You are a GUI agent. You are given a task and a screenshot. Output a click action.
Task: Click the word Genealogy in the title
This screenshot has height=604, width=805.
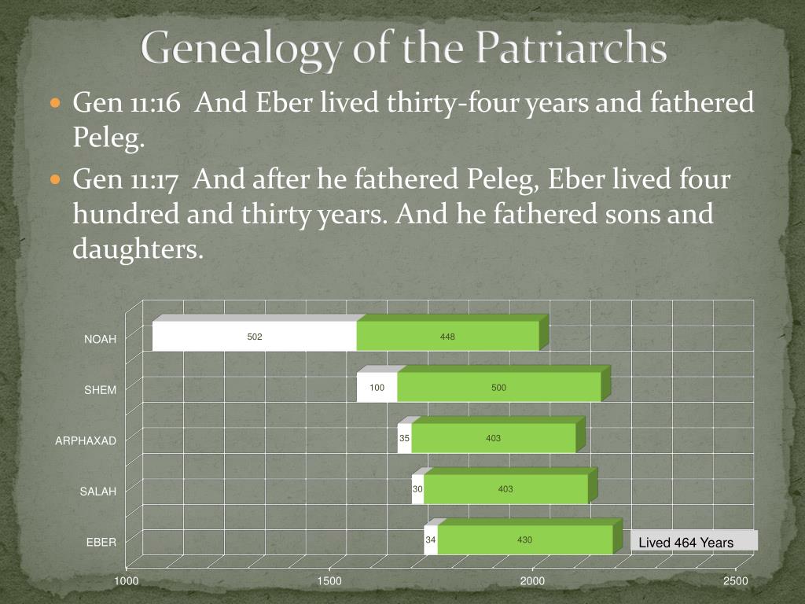click(241, 49)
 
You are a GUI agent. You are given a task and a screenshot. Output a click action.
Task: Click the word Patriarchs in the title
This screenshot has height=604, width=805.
click(572, 49)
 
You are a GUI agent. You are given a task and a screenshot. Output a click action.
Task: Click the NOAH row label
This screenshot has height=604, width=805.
click(101, 339)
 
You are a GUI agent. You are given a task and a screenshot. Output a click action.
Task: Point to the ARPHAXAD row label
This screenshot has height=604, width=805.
click(86, 440)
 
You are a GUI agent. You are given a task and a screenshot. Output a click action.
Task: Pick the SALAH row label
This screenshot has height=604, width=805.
click(98, 492)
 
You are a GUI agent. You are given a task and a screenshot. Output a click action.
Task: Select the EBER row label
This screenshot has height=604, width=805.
click(101, 542)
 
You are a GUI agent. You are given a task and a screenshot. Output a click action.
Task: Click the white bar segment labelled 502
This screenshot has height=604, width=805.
click(255, 337)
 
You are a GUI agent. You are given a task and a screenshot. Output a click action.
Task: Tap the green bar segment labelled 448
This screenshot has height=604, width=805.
click(448, 337)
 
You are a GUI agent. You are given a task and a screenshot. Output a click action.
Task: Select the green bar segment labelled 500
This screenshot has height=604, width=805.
click(499, 387)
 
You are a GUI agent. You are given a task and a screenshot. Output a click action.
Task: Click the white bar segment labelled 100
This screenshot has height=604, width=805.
click(377, 387)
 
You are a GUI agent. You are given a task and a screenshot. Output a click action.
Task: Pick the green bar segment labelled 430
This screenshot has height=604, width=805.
click(524, 540)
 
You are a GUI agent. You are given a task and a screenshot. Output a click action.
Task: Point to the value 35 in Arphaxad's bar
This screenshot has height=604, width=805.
click(404, 438)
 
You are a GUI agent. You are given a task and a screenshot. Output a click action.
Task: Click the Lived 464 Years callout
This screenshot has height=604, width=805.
click(686, 543)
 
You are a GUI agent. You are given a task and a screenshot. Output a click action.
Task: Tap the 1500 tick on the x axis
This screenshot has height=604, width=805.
click(329, 581)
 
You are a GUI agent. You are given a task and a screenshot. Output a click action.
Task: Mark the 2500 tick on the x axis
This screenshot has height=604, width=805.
click(736, 581)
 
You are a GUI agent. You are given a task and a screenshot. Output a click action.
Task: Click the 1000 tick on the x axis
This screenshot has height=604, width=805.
click(127, 581)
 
